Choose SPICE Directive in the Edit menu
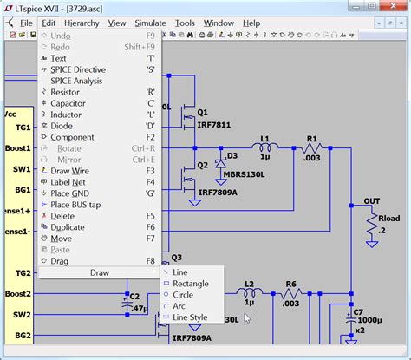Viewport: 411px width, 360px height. tap(78, 69)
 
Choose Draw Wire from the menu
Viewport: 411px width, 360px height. tap(71, 171)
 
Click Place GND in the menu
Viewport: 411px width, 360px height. tap(72, 193)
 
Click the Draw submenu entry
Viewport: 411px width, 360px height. tap(100, 272)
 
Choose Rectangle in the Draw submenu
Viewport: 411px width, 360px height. tap(190, 284)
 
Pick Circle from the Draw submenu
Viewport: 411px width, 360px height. tap(184, 295)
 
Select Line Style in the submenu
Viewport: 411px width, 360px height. tap(190, 317)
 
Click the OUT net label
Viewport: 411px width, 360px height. tap(371, 201)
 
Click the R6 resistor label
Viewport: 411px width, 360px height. tap(291, 284)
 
